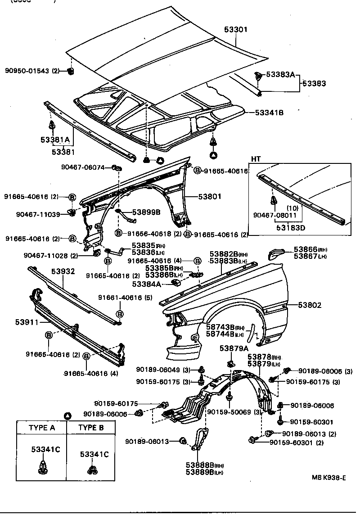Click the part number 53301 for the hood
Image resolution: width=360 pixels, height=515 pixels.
point(236,30)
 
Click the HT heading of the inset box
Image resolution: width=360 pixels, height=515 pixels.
point(256,159)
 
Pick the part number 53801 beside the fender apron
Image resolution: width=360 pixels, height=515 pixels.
point(208,196)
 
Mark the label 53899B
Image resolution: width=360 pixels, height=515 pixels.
point(146,212)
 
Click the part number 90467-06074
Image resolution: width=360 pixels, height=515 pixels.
point(83,167)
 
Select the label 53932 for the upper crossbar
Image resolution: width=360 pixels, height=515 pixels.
point(63,271)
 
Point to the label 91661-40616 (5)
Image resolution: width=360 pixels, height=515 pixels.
point(120,298)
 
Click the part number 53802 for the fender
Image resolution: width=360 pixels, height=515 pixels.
point(310,305)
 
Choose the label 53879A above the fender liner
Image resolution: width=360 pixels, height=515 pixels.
point(234,348)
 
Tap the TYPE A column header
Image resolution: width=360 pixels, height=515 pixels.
point(41,428)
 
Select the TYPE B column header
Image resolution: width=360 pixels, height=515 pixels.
point(91,428)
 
